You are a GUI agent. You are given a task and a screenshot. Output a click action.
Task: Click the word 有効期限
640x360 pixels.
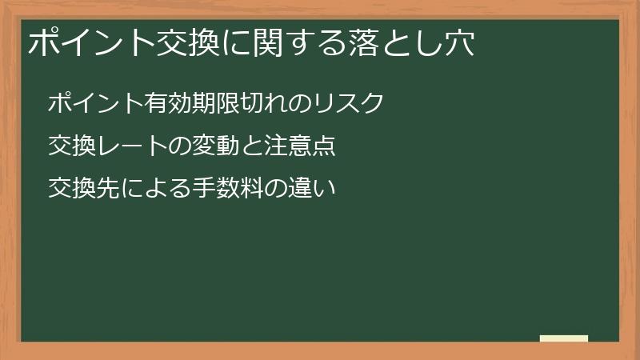click(x=192, y=104)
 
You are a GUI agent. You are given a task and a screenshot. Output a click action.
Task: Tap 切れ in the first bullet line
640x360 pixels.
click(x=263, y=104)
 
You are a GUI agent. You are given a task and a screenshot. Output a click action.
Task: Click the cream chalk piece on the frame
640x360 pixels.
click(x=564, y=338)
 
